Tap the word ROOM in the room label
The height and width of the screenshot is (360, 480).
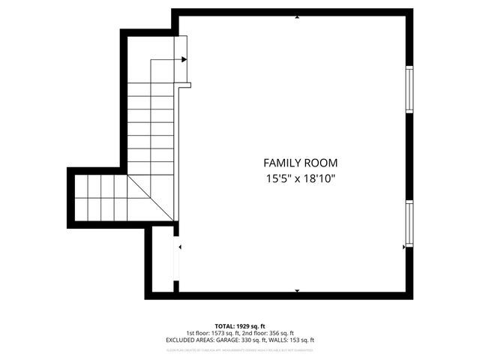tap(321, 163)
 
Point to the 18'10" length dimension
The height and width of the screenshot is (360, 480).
tap(317, 178)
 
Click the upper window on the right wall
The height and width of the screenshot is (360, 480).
tap(409, 90)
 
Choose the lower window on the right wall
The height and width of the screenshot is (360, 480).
tap(409, 223)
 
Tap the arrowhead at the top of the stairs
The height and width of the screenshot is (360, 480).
tap(184, 59)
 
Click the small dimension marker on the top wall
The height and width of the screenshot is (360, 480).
tap(298, 16)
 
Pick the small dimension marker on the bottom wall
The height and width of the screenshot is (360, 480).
tap(298, 291)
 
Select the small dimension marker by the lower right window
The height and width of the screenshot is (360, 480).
tap(403, 245)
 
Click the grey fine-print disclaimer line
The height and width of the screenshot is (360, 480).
tap(239, 349)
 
